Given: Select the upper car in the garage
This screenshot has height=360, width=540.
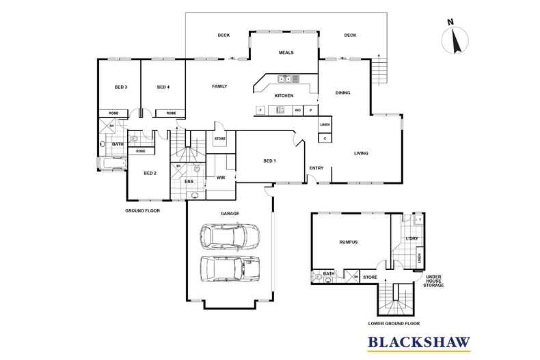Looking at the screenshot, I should (x=229, y=236).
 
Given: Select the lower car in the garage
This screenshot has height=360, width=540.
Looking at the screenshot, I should (x=230, y=268).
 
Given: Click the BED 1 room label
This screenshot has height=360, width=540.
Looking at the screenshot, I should (x=270, y=161).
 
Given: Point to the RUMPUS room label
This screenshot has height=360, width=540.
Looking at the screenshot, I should (x=349, y=242).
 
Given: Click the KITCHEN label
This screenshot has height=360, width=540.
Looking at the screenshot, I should (x=284, y=96).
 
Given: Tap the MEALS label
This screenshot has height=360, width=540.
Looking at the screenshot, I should (x=286, y=53).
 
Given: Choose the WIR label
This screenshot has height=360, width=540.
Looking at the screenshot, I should (x=221, y=177).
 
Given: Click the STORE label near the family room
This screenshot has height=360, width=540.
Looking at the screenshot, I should (x=219, y=139).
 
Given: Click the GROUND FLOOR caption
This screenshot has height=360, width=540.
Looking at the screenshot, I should (x=142, y=210).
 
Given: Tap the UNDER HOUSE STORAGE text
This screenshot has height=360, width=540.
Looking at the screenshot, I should (x=435, y=279).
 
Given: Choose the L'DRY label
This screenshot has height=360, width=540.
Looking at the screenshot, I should (x=411, y=238).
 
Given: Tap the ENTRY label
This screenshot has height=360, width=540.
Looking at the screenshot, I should (x=316, y=168).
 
